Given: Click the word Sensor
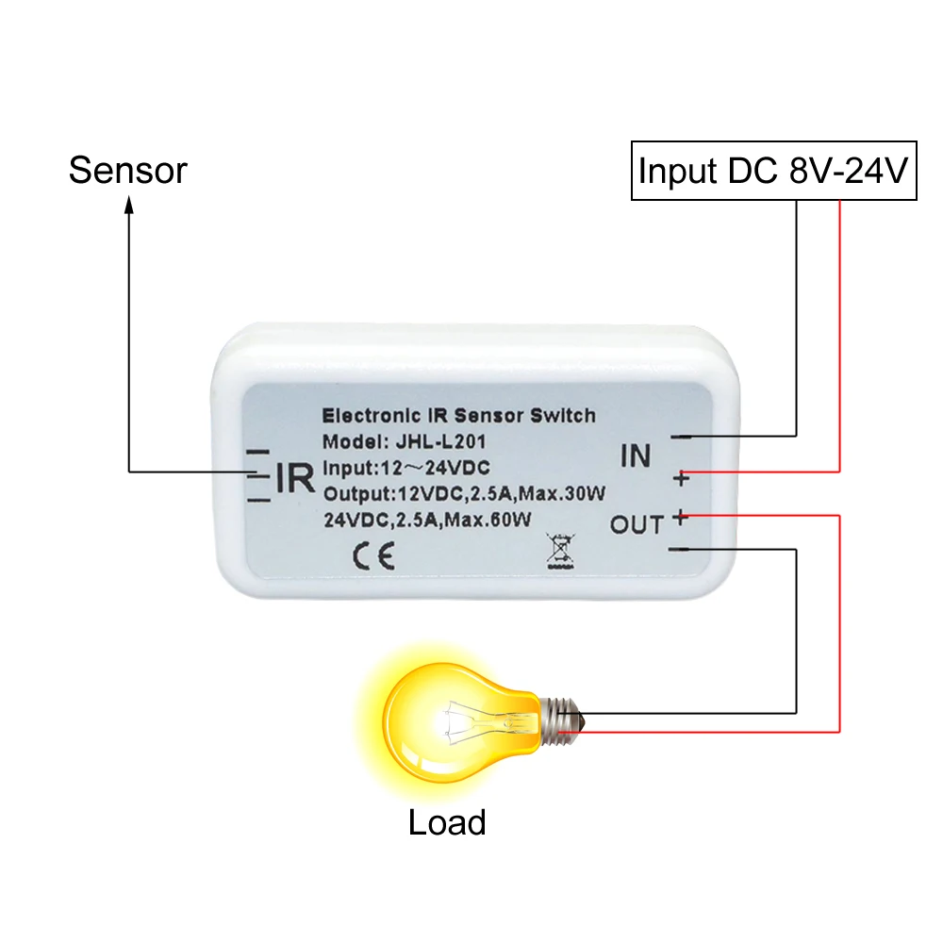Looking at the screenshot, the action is pyautogui.click(x=127, y=170).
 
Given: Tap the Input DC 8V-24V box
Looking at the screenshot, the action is pyautogui.click(x=773, y=171).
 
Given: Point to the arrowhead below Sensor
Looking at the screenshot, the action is pyautogui.click(x=128, y=206).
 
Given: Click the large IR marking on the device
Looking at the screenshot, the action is pyautogui.click(x=294, y=478).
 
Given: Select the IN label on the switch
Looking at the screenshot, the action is pyautogui.click(x=636, y=455).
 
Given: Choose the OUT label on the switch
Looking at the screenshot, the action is pyautogui.click(x=637, y=525).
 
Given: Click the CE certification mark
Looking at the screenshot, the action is pyautogui.click(x=373, y=555).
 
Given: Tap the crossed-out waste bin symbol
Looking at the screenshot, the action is pyautogui.click(x=560, y=551).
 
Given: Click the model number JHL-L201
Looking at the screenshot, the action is pyautogui.click(x=440, y=441).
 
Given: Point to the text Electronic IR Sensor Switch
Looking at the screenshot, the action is pyautogui.click(x=459, y=415).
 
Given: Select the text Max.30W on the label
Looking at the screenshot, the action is pyautogui.click(x=562, y=494).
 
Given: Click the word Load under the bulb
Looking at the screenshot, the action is pyautogui.click(x=447, y=822).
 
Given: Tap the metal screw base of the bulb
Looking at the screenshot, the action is pyautogui.click(x=562, y=721).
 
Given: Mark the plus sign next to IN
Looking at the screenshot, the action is pyautogui.click(x=682, y=479).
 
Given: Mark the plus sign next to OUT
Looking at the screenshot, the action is pyautogui.click(x=680, y=517).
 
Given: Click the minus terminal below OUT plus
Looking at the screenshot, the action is pyautogui.click(x=679, y=549).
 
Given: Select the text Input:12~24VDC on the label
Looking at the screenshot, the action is pyautogui.click(x=406, y=468).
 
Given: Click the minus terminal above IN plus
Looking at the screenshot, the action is pyautogui.click(x=682, y=437).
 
